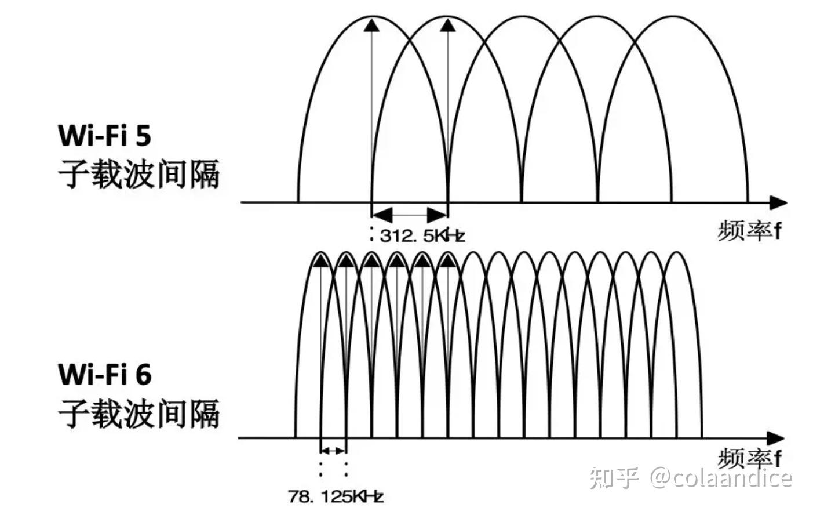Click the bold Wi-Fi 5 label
pos(105,135)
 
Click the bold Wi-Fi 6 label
pos(105,374)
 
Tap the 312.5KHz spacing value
pos(422,235)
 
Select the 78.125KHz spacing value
pos(336,496)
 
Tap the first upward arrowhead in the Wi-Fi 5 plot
pos(371,24)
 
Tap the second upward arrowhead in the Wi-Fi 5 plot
pos(447,24)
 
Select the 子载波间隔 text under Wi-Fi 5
pos(139,174)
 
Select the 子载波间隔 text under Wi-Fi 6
pos(139,413)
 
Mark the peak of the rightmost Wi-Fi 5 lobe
pos(672,16)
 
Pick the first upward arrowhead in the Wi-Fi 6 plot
pos(320,262)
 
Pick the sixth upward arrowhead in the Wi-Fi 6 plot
pos(447,262)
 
